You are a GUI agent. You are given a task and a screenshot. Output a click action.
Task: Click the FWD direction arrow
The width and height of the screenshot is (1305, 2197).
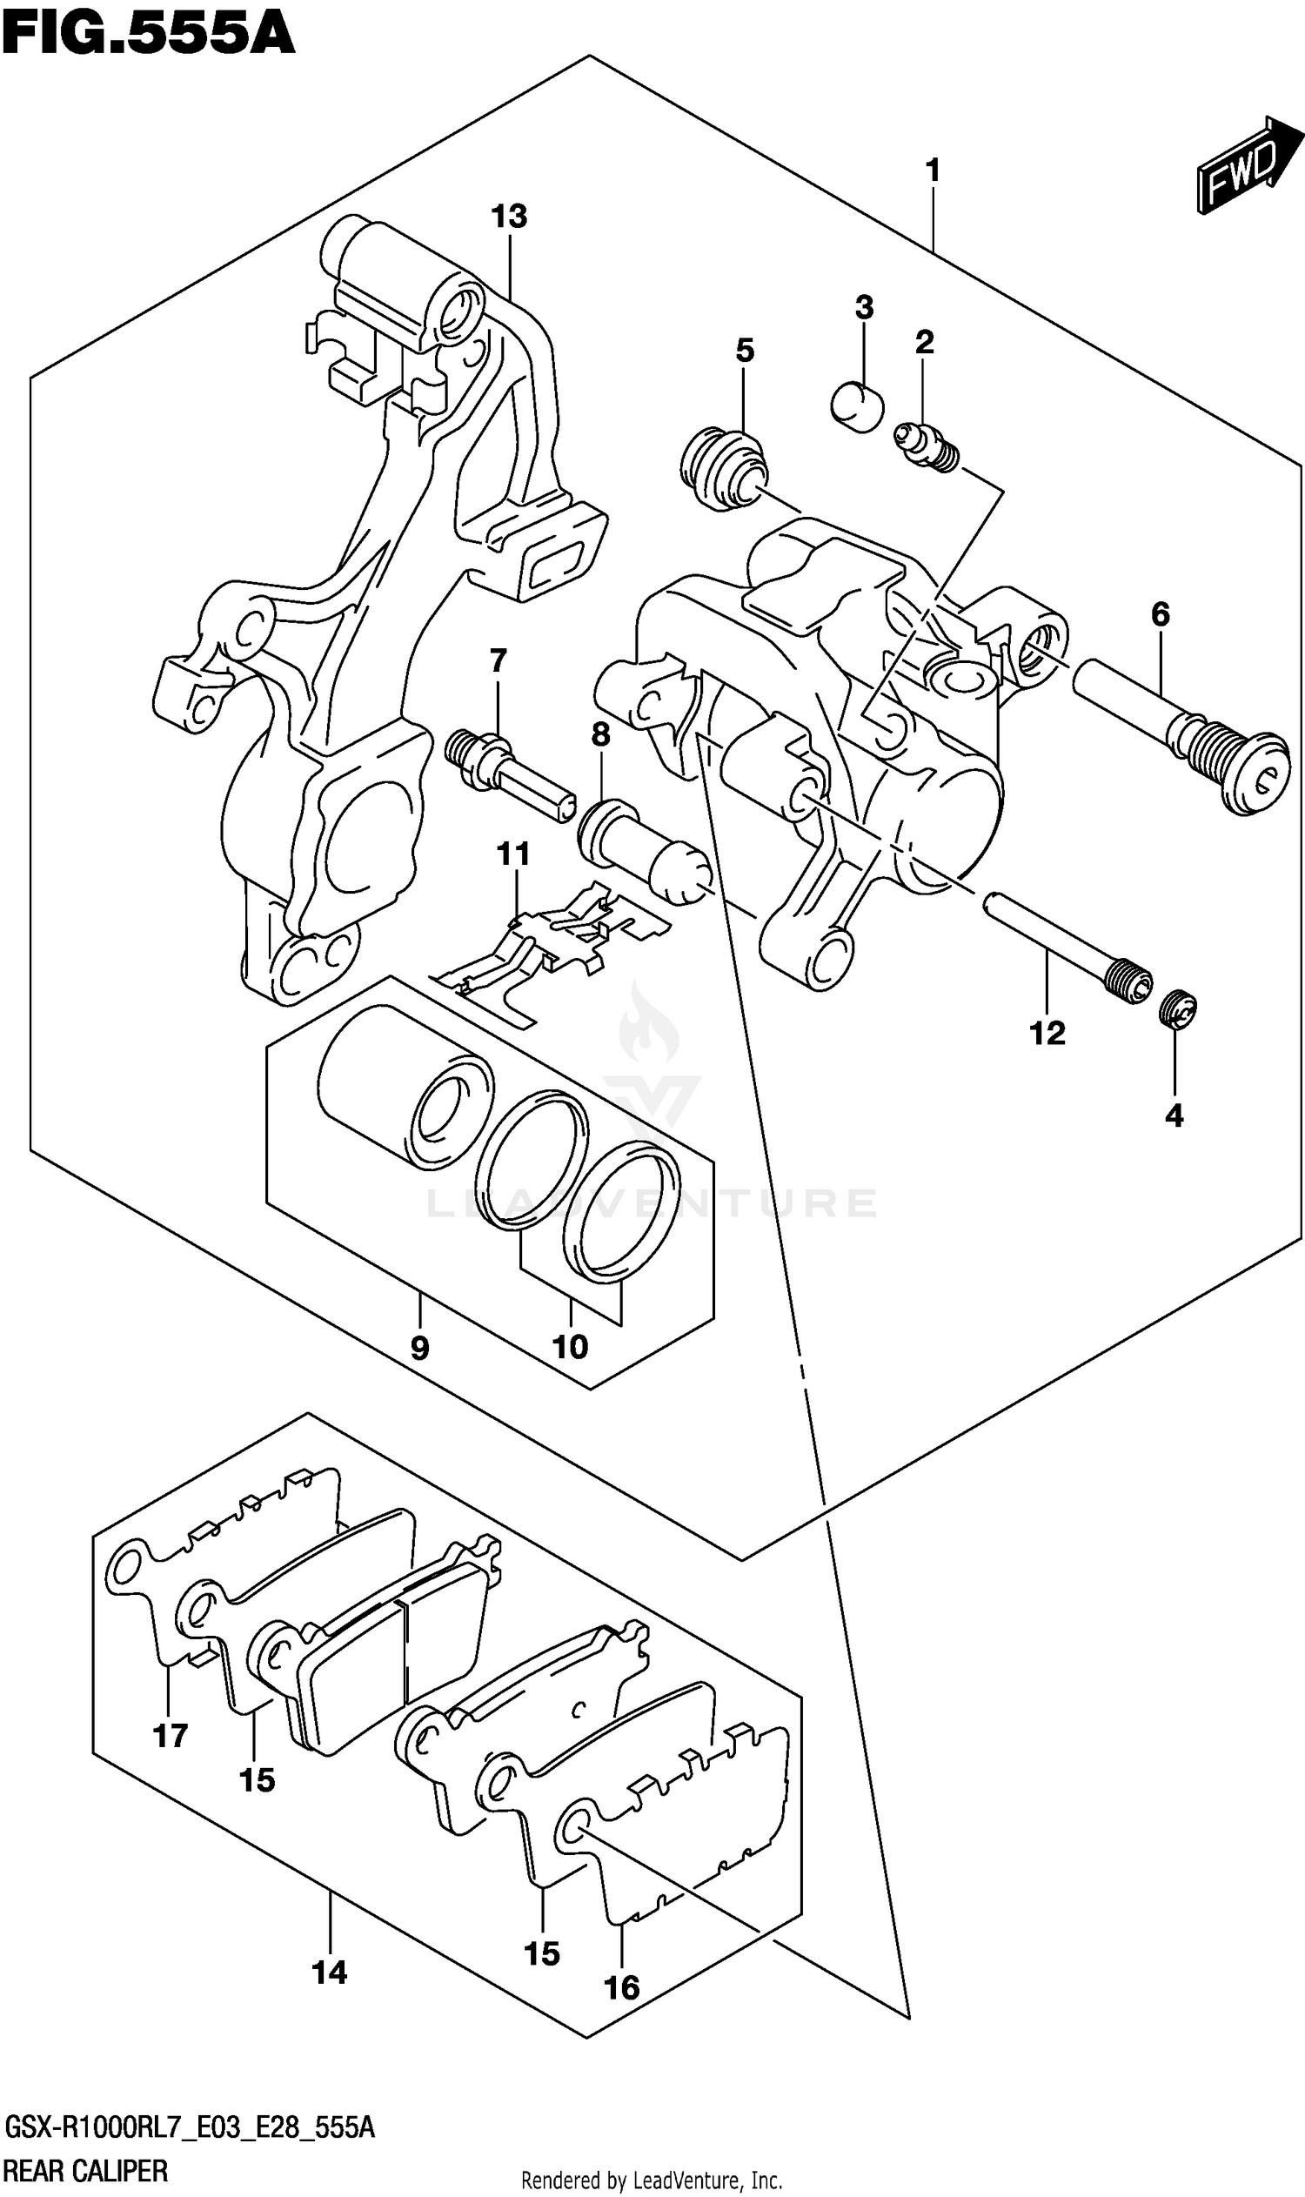click(x=1247, y=166)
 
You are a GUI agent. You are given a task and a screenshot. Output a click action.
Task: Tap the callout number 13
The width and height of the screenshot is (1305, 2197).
click(x=509, y=217)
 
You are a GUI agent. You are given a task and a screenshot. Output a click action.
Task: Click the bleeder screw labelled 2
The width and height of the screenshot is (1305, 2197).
click(x=926, y=446)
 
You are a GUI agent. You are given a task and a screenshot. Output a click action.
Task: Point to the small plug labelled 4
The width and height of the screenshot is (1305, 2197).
click(x=1178, y=1008)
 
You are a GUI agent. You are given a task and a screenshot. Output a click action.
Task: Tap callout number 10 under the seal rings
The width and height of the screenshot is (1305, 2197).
click(x=570, y=1346)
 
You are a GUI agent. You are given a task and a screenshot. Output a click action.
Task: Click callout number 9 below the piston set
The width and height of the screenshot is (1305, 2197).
click(x=419, y=1348)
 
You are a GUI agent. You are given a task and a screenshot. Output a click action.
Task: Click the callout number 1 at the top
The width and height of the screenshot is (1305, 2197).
click(x=933, y=170)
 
